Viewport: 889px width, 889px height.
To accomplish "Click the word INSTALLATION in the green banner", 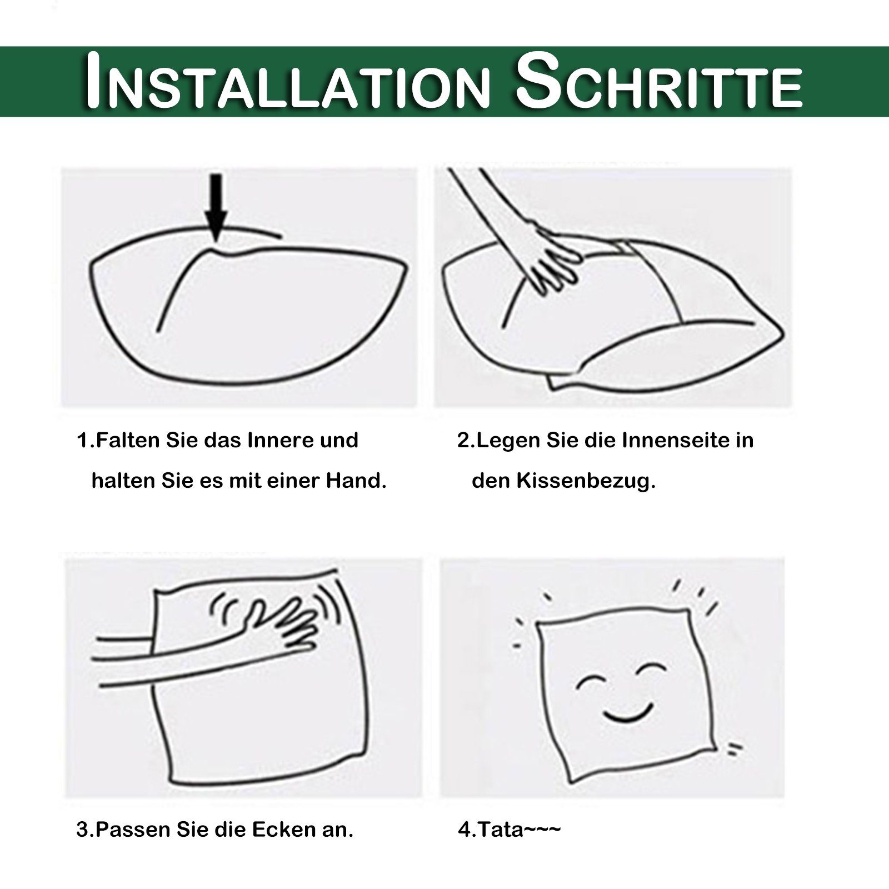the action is pos(286,81).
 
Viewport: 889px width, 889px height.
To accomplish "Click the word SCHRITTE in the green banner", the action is pos(660,81).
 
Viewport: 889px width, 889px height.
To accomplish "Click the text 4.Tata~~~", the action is pos(509,846).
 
